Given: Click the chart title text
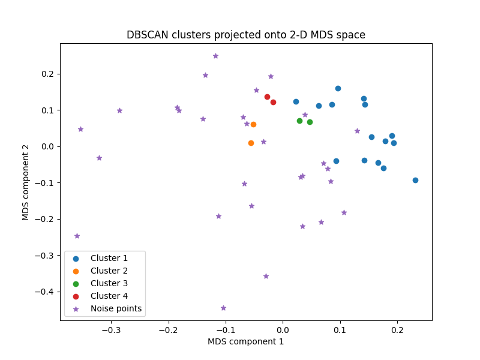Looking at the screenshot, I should pos(246,35).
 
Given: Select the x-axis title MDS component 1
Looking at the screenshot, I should pos(246,341).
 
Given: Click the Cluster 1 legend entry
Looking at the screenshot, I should pos(109,259).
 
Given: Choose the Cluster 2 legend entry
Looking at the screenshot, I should pos(109,271).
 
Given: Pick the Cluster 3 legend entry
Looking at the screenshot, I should pos(109,283).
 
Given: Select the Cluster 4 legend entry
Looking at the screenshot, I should pos(109,296).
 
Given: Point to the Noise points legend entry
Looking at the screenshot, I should pos(116,308).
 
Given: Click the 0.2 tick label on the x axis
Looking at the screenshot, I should pos(397,329).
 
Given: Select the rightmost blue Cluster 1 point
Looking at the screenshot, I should pos(415,180).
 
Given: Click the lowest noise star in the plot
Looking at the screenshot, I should pos(223,308).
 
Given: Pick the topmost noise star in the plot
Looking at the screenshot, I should pos(215,56).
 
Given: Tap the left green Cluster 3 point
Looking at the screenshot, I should pos(299,121).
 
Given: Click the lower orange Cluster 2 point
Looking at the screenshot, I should pos(251,143).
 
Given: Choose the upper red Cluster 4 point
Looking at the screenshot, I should pos(267,97).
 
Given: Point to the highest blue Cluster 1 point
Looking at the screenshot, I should pos(338,88).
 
